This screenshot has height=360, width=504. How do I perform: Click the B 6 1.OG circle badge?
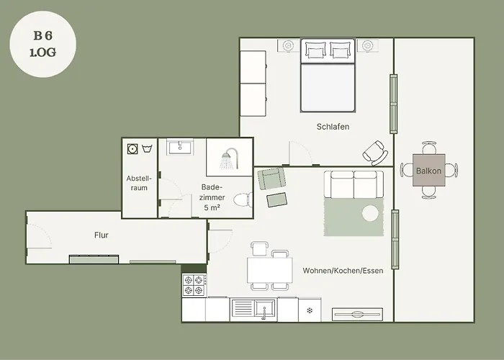[43, 44]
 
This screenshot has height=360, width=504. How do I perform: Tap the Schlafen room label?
[333, 127]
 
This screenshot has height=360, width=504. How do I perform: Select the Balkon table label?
[429, 171]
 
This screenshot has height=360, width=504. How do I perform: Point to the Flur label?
[102, 235]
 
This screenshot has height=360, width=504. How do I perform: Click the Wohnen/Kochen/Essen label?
[343, 271]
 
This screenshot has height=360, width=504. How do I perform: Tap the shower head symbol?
[229, 158]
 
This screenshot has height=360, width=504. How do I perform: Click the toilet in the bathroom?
[243, 200]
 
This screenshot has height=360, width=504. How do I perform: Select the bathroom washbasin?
[180, 147]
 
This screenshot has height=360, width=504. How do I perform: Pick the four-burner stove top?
[194, 285]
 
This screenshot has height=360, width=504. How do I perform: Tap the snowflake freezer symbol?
[310, 311]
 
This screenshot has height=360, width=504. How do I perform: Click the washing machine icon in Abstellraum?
[132, 149]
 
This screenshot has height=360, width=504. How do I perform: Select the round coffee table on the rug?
[370, 213]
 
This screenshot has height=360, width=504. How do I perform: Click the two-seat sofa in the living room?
[354, 184]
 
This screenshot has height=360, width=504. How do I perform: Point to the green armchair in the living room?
[271, 178]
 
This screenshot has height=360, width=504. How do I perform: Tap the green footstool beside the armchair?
[276, 199]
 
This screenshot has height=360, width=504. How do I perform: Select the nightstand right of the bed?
[367, 45]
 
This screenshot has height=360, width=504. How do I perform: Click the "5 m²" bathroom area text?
[212, 207]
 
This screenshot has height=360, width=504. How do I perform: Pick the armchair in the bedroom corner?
[375, 153]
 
